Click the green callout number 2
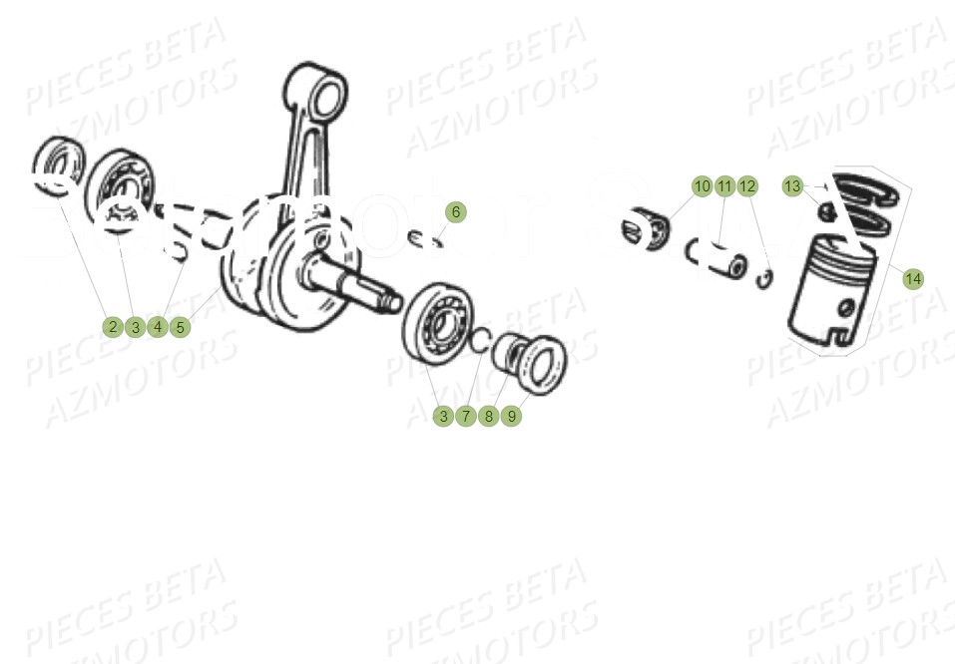point(113,327)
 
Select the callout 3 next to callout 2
point(135,327)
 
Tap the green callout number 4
point(157,327)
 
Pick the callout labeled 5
point(180,327)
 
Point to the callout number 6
point(455,212)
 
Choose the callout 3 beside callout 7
point(444,417)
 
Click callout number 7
point(466,417)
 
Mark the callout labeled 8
point(488,417)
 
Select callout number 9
point(511,417)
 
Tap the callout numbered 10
point(703,186)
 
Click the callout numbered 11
point(724,186)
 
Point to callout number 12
point(747,186)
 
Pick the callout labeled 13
point(792,186)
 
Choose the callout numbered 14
point(913,279)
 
